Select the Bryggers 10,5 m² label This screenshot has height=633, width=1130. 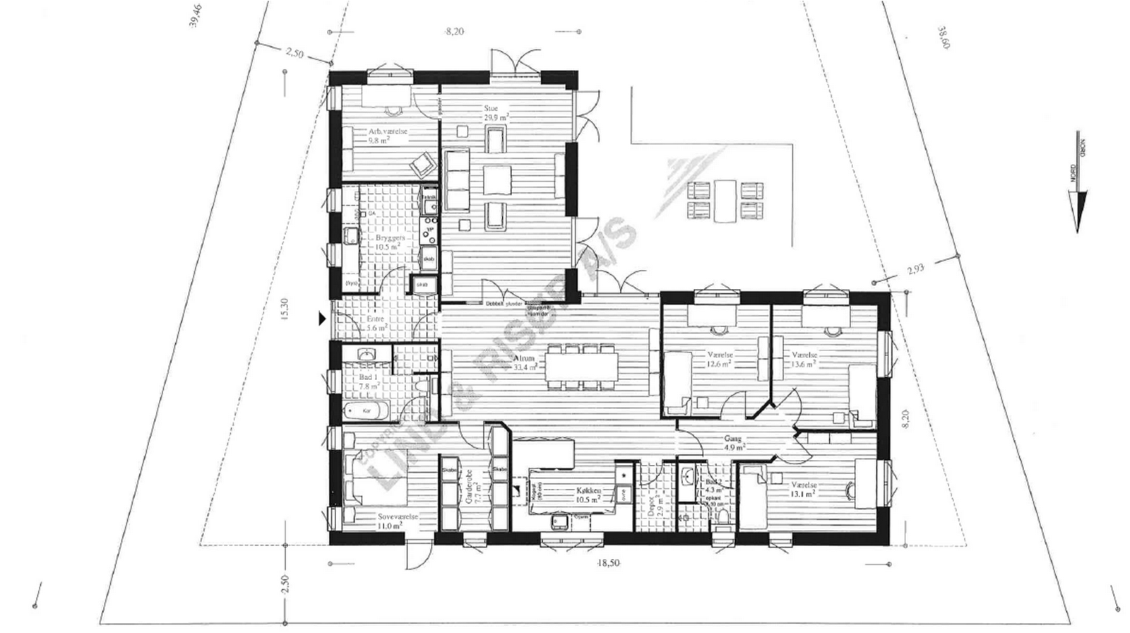coord(391,242)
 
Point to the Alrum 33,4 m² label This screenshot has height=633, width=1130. coord(525,362)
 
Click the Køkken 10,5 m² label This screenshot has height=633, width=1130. coord(588,494)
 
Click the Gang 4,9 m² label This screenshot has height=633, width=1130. coord(733,442)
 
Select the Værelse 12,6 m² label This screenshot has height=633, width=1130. coord(719,359)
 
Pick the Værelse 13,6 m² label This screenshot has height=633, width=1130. coord(804,359)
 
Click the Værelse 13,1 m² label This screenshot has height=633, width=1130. coord(804,490)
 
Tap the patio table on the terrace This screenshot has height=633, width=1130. coord(725,201)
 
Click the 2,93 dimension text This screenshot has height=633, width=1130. coord(915,268)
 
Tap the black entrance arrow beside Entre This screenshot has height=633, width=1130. coord(323,319)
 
